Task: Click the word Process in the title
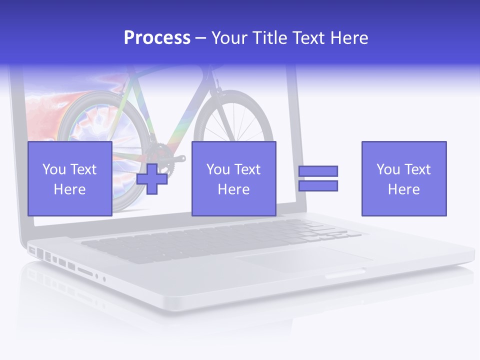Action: pyautogui.click(x=157, y=38)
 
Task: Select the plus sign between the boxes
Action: pyautogui.click(x=152, y=178)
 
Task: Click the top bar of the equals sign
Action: pyautogui.click(x=318, y=171)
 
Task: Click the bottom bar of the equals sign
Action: pyautogui.click(x=318, y=185)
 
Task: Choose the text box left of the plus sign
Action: pyautogui.click(x=70, y=178)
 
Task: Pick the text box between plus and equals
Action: pyautogui.click(x=233, y=178)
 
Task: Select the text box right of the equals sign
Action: pyautogui.click(x=403, y=178)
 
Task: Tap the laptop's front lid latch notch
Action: pyautogui.click(x=345, y=274)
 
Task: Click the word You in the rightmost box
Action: pyautogui.click(x=388, y=169)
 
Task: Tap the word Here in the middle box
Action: pyautogui.click(x=233, y=189)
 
